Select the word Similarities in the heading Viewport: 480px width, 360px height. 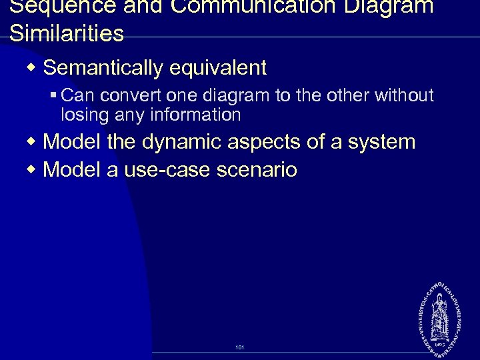[67, 33]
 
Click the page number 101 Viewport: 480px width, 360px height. [240, 347]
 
